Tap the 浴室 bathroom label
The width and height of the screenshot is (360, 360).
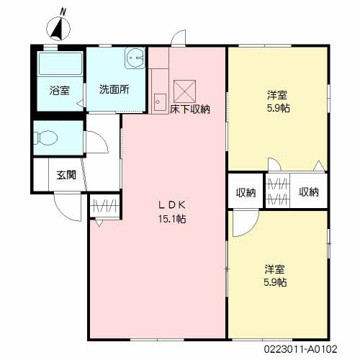click(x=60, y=91)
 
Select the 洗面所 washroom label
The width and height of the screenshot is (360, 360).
click(x=114, y=89)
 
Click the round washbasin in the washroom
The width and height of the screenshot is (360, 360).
click(x=135, y=58)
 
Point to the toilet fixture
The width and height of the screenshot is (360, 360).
click(x=45, y=138)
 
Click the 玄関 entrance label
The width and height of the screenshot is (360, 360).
click(x=66, y=175)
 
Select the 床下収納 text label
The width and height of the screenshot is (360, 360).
click(x=190, y=109)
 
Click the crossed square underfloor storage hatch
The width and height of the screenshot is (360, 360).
click(x=184, y=91)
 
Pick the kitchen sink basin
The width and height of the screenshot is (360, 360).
click(x=160, y=102)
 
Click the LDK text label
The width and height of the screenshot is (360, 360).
click(x=172, y=205)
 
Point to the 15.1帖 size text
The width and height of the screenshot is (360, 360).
click(x=172, y=219)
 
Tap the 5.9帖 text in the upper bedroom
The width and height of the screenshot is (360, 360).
click(x=279, y=108)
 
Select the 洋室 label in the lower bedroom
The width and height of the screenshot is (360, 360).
click(x=275, y=269)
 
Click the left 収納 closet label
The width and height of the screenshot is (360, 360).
click(x=246, y=192)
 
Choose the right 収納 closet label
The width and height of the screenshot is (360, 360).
click(x=309, y=192)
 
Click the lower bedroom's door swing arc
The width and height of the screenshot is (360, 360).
click(x=250, y=228)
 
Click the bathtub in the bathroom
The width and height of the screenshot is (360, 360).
click(x=60, y=63)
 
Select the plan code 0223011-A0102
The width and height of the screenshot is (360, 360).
click(x=301, y=349)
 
